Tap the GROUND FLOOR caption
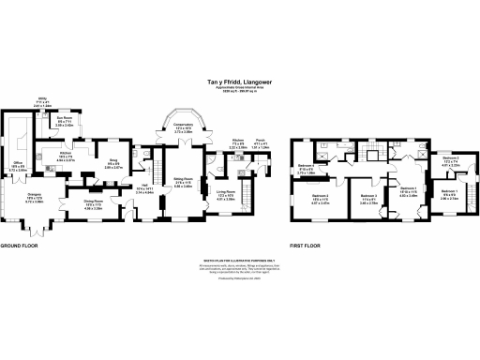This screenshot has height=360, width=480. coord(20,246)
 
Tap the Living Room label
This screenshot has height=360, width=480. coord(226,193)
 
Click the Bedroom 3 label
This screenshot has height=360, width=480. coord(368,198)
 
